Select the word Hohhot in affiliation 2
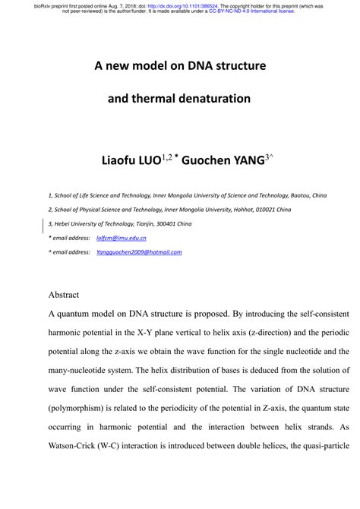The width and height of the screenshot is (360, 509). point(247,209)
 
